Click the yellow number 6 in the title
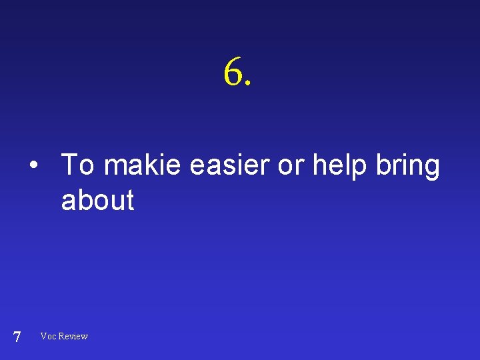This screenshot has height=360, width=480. tap(233, 72)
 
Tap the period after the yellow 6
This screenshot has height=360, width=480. tap(249, 84)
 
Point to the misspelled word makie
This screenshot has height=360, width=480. tap(142, 165)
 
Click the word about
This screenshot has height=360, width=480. tap(97, 200)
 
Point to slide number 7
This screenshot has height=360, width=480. tap(17, 337)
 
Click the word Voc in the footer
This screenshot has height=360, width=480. tap(48, 336)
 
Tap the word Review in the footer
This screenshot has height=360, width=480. tap(73, 336)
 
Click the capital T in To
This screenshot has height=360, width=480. tap(69, 165)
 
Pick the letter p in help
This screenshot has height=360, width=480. tap(361, 168)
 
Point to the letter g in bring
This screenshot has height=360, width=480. tap(431, 168)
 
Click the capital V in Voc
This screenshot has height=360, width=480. tap(43, 336)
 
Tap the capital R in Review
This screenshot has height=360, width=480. tap(62, 336)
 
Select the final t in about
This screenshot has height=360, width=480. tap(130, 200)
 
